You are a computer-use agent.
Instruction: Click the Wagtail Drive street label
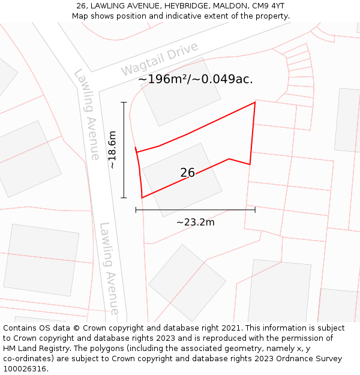click(x=159, y=59)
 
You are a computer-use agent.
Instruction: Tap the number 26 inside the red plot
click(x=187, y=173)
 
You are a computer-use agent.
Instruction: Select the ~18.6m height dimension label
click(x=112, y=149)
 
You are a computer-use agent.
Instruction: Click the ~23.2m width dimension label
click(x=195, y=222)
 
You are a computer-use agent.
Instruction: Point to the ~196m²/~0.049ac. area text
click(x=195, y=79)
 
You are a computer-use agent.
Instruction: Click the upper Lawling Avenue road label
click(x=87, y=114)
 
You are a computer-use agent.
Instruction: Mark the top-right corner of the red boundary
click(x=255, y=102)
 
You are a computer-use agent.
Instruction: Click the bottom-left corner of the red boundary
click(x=142, y=197)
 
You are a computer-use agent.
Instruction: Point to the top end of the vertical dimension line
click(x=124, y=102)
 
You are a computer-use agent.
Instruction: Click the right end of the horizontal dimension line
click(x=255, y=210)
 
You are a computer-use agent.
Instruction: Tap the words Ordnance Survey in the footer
click(x=310, y=359)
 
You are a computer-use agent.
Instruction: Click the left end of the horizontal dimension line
click(x=136, y=210)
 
